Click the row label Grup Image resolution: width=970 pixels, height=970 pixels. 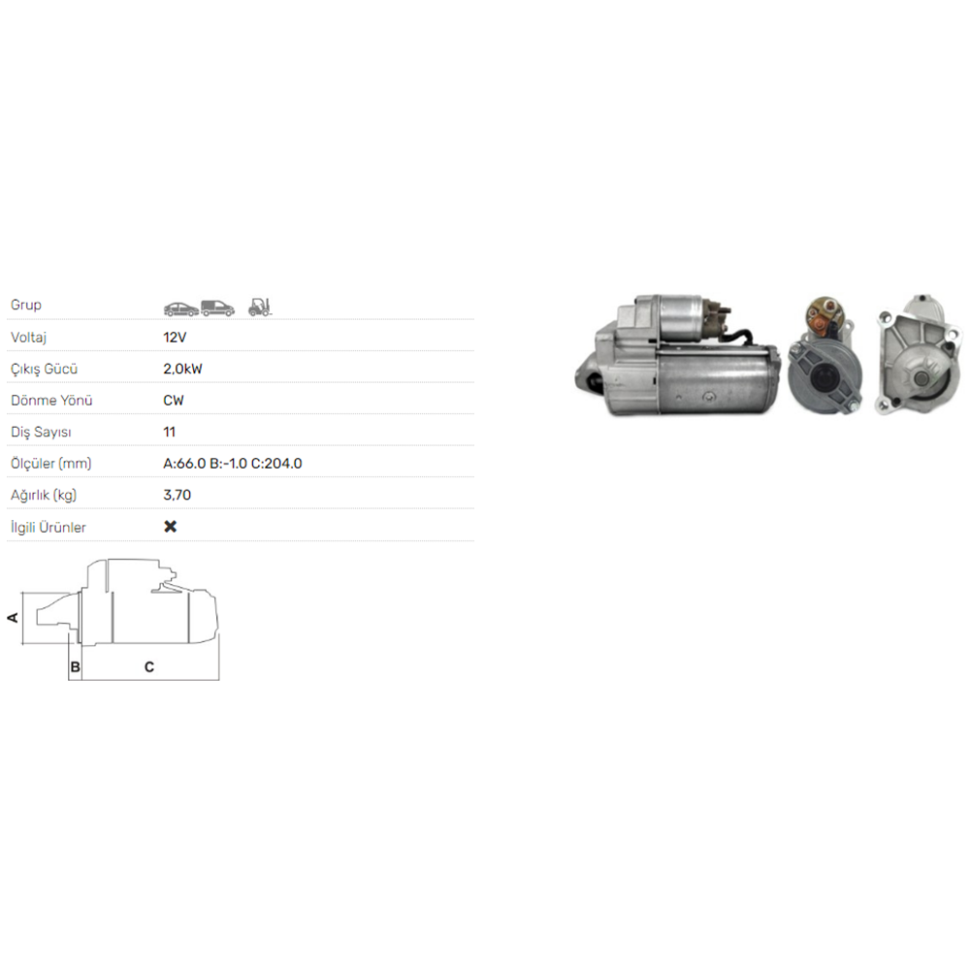(26, 306)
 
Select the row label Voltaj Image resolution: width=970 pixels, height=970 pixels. (29, 338)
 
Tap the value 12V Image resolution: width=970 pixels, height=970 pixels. (176, 338)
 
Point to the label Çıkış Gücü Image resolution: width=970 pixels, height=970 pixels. (44, 369)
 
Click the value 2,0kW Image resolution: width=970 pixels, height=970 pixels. (183, 369)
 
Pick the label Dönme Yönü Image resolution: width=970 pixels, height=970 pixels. (51, 401)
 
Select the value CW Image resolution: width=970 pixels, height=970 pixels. (174, 401)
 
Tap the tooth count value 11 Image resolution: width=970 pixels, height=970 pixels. (170, 432)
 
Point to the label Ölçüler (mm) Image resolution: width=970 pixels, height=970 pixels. (50, 464)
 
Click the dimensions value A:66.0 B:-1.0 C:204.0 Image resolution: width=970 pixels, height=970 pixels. (233, 464)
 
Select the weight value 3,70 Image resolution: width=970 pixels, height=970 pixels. (178, 495)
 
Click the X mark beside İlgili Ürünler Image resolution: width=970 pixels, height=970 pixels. (171, 527)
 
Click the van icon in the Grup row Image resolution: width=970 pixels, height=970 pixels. (218, 308)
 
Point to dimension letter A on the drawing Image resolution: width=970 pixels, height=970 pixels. (14, 618)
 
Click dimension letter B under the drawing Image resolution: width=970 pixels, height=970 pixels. (74, 667)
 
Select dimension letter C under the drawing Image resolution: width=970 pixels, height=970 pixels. (149, 667)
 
